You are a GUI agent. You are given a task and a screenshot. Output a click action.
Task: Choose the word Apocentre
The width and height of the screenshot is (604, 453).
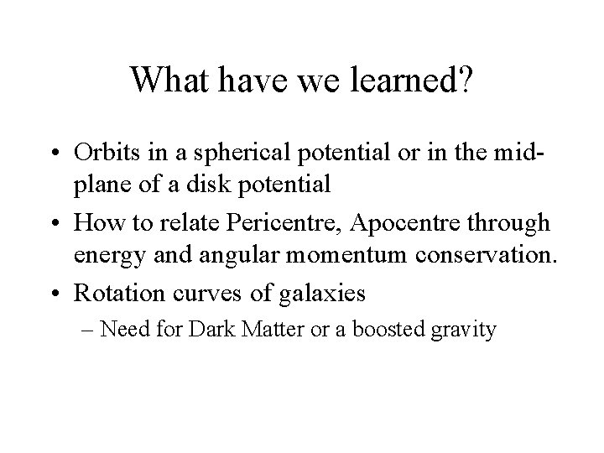[393, 223]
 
